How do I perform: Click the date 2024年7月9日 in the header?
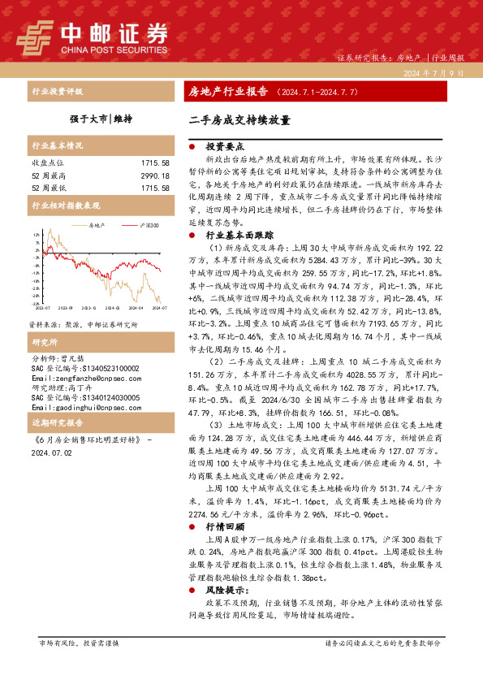[433, 73]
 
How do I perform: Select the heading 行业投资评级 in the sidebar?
[58, 91]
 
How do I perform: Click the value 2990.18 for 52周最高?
[155, 175]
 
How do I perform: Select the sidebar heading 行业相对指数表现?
[66, 206]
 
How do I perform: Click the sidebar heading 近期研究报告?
[58, 424]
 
